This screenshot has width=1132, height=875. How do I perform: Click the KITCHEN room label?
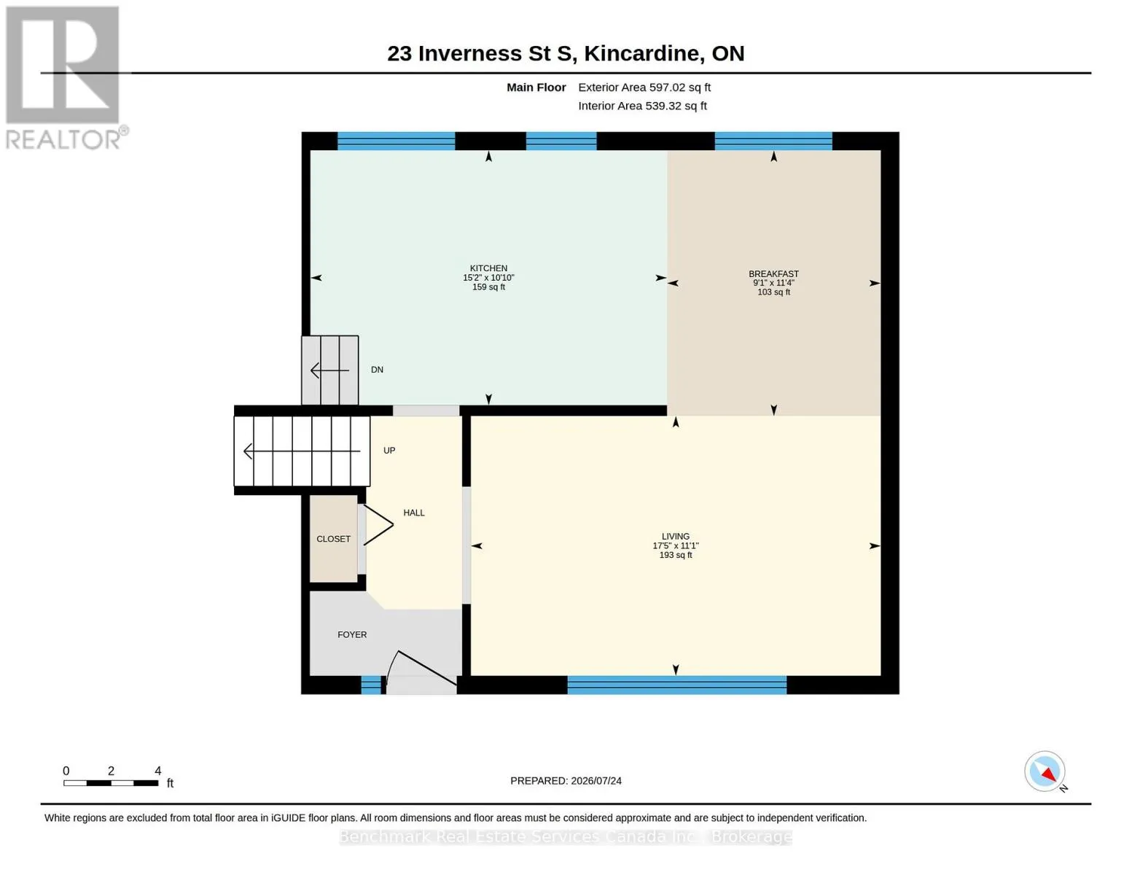point(488,268)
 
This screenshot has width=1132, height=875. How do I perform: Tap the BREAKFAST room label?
point(773,273)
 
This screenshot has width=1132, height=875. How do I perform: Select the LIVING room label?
point(675,536)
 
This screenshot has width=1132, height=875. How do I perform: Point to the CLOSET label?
point(333,539)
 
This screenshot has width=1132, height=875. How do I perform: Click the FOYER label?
point(352,635)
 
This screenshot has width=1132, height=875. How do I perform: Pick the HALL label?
point(413,513)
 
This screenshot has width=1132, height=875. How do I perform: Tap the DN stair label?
point(377,370)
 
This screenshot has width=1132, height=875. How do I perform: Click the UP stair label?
point(389,451)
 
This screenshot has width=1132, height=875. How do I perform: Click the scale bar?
point(111,783)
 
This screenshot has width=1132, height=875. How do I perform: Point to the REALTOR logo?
point(64,78)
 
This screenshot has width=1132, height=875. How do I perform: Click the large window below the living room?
point(676,685)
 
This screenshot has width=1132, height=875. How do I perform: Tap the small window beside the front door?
point(371,685)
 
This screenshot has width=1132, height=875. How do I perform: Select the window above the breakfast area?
point(773,141)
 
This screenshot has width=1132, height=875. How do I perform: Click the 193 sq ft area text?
point(676,555)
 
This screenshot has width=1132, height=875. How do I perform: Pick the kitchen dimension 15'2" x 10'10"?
point(488,278)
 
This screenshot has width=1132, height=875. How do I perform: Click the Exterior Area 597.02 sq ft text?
point(644,87)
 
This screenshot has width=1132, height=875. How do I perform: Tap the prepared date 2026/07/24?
point(596,781)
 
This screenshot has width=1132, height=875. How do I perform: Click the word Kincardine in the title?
point(641,54)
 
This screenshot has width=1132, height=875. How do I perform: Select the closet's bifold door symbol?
point(378,525)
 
